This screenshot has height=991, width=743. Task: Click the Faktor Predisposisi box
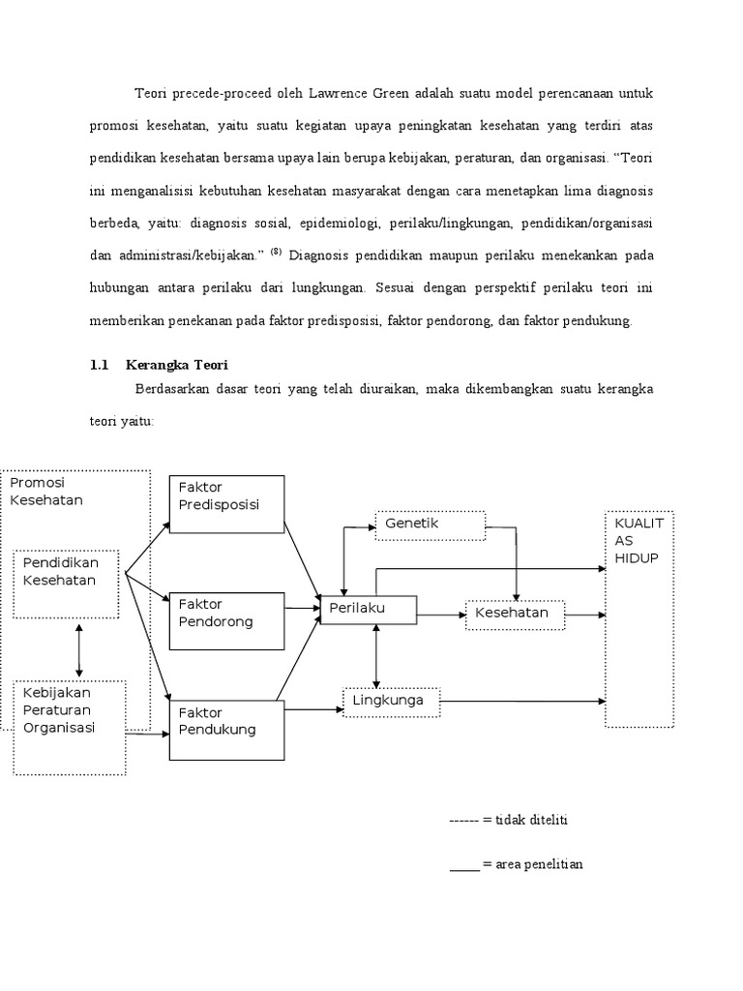[226, 503]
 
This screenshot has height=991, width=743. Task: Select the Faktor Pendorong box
[226, 620]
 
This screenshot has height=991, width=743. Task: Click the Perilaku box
[368, 610]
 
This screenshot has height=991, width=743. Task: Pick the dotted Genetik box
[429, 524]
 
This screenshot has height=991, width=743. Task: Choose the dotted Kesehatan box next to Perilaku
[515, 614]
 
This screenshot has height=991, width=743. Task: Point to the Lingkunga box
[391, 702]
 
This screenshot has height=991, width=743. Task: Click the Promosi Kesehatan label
[46, 491]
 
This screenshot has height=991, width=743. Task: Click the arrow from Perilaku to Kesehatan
[440, 614]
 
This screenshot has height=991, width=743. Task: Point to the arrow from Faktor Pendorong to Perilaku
[302, 609]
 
